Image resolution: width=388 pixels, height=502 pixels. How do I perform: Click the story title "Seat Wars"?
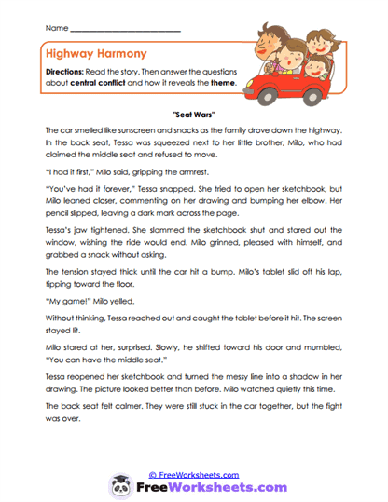pos(195,114)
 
